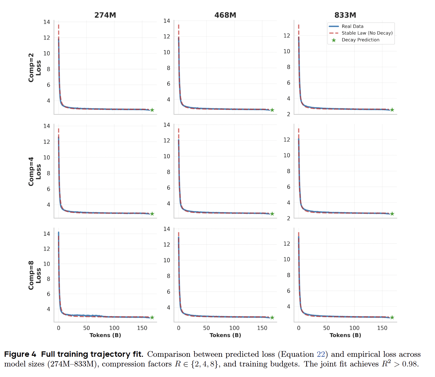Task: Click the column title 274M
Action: [x=105, y=15]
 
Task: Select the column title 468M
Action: [x=225, y=15]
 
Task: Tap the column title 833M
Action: [x=345, y=15]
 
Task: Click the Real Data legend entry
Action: [x=352, y=26]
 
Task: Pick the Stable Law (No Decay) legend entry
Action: [x=367, y=33]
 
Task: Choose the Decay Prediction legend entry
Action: [x=360, y=40]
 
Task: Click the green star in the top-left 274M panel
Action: [x=152, y=110]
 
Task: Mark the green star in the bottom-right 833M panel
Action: [x=392, y=317]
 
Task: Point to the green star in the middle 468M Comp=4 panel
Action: [x=272, y=214]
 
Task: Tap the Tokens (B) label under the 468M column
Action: [x=225, y=335]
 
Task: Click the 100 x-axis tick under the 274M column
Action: [x=114, y=328]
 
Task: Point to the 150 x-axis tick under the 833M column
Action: [x=382, y=328]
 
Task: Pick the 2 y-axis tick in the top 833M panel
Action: [x=289, y=114]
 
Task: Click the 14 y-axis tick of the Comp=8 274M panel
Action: [x=47, y=234]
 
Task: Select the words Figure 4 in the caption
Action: [x=20, y=354]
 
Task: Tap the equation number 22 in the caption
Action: [x=321, y=354]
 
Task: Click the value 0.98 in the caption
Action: [x=410, y=364]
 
